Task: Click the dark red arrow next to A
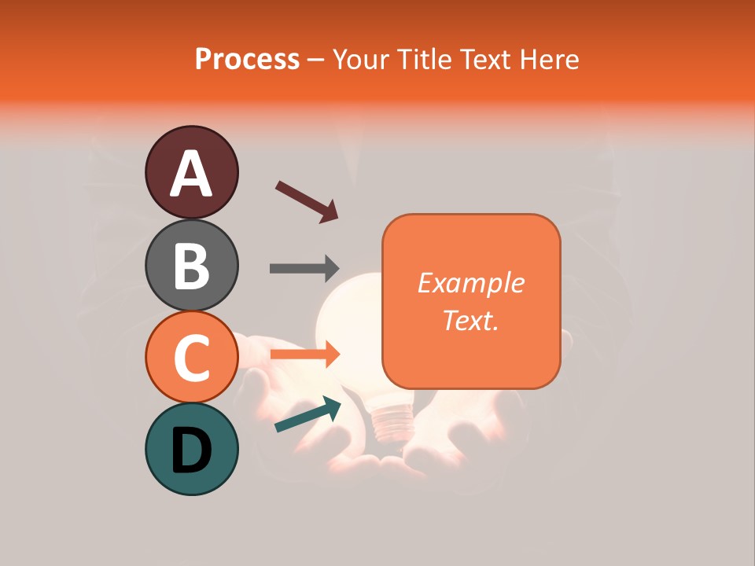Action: (x=307, y=202)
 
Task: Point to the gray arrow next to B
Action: (x=305, y=268)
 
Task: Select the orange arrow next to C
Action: (x=305, y=355)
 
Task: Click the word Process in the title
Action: (x=247, y=59)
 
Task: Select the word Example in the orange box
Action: (x=470, y=283)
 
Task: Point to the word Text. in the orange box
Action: (x=470, y=320)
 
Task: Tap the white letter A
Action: (x=192, y=174)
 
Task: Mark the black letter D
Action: (x=192, y=450)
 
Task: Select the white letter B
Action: (x=192, y=266)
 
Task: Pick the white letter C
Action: (x=192, y=358)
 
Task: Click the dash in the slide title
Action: (x=316, y=60)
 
